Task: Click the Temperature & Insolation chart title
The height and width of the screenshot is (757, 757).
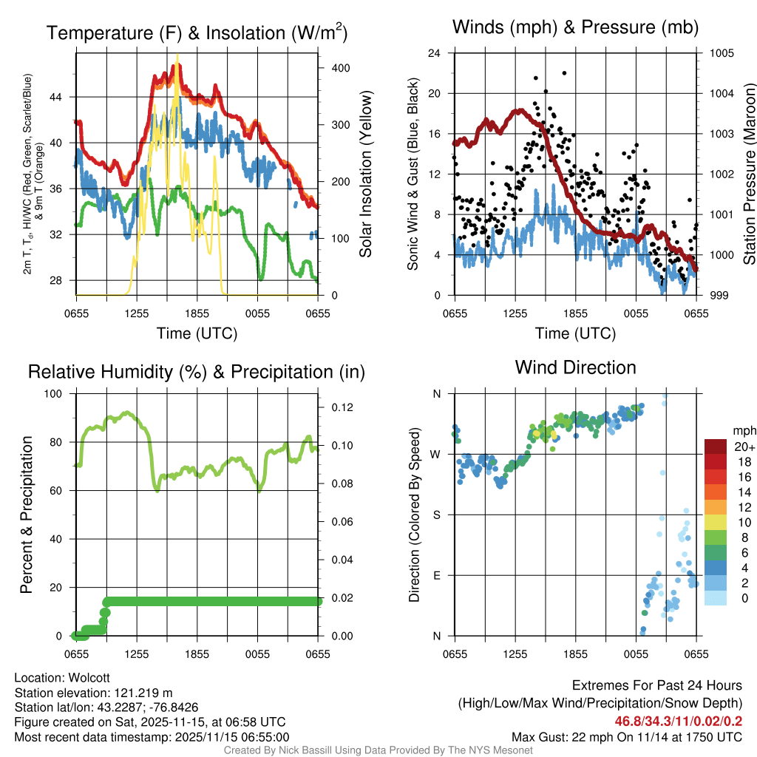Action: click(197, 33)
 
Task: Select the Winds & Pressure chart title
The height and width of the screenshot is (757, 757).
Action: click(575, 28)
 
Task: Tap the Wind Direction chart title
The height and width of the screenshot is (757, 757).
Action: click(575, 367)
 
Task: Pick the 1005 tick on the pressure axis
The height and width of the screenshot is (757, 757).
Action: click(720, 53)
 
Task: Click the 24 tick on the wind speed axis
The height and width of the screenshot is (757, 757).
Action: click(436, 53)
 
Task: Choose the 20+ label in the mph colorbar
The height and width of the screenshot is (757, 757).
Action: click(744, 447)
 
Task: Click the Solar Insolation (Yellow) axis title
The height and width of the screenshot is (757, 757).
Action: click(366, 174)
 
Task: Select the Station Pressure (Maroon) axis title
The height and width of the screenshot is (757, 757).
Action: click(749, 174)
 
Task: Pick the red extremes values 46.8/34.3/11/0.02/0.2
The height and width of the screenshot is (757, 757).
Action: click(678, 721)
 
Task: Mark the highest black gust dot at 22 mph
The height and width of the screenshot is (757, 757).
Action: click(564, 73)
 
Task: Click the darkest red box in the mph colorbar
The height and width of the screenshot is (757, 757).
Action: click(716, 447)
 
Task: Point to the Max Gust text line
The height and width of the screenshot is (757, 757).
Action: click(627, 737)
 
